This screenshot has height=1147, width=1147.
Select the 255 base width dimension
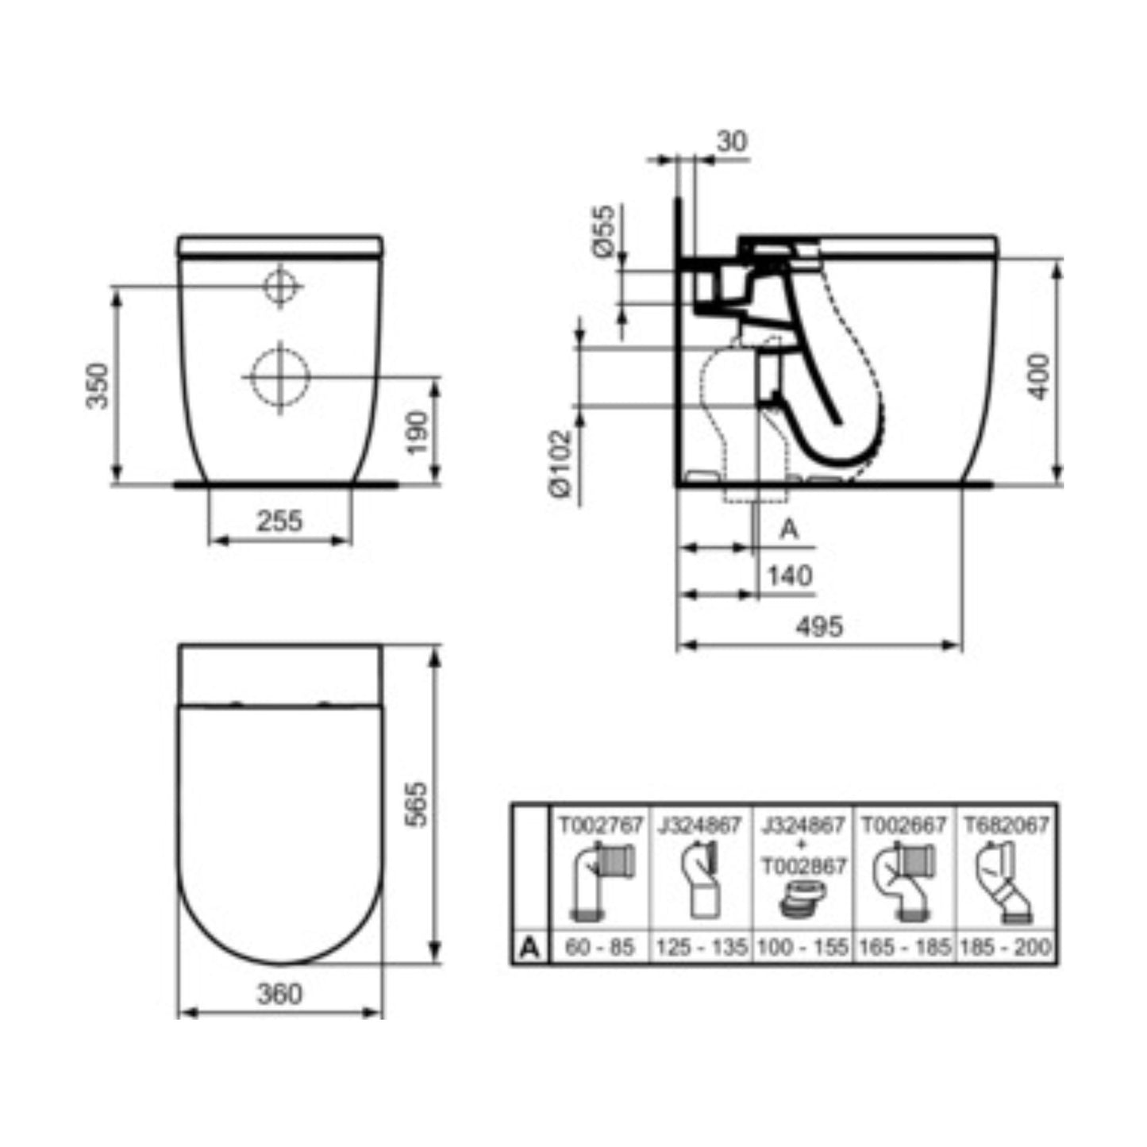pyautogui.click(x=279, y=521)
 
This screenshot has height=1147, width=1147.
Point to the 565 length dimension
pyautogui.click(x=417, y=804)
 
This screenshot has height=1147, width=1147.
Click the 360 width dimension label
pyautogui.click(x=279, y=994)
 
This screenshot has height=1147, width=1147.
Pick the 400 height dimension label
pyautogui.click(x=1039, y=377)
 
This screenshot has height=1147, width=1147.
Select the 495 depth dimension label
pyautogui.click(x=820, y=626)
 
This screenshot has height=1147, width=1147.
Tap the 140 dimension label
pyautogui.click(x=790, y=575)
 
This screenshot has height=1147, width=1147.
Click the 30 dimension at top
pyautogui.click(x=732, y=141)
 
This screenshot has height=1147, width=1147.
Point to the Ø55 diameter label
pyautogui.click(x=603, y=231)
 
